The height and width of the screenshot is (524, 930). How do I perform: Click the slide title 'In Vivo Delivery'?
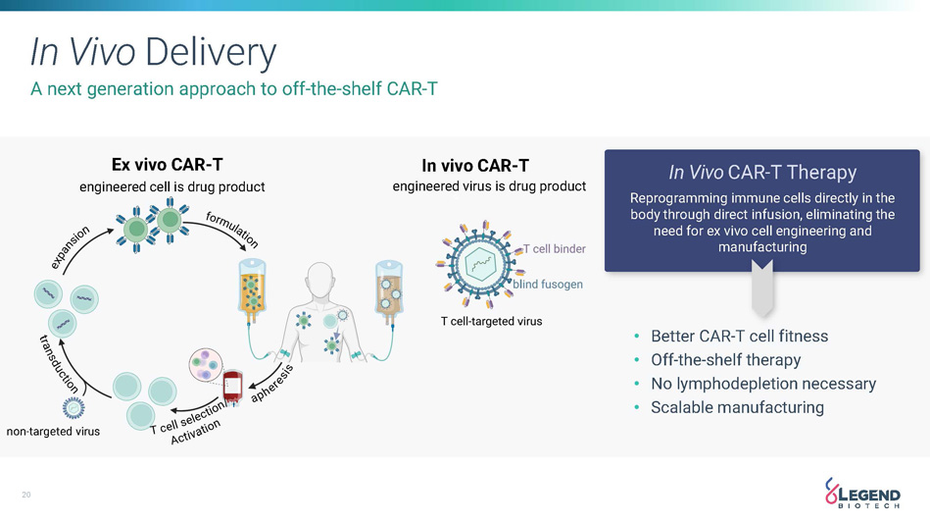(x=153, y=53)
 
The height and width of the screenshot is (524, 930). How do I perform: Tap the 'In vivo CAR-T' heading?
(x=474, y=165)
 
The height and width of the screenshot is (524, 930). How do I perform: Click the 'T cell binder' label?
(x=554, y=248)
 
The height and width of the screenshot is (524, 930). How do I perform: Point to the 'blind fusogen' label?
(x=548, y=285)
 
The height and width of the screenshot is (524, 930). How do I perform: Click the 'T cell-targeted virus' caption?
(x=491, y=321)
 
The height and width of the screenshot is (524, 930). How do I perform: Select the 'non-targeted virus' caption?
(x=52, y=430)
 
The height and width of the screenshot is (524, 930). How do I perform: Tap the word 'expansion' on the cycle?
(x=72, y=246)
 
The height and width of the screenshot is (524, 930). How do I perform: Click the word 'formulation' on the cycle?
(x=232, y=228)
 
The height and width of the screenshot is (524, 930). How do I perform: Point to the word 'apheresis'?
(x=271, y=382)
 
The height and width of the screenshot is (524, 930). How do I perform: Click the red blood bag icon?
(x=232, y=387)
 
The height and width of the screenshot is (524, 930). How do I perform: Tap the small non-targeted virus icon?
(x=73, y=406)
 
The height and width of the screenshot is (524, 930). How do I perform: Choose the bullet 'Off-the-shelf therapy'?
(x=725, y=360)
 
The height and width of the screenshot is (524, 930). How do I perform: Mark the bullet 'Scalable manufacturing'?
(x=737, y=407)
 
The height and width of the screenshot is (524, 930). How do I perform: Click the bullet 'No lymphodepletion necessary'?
(x=762, y=384)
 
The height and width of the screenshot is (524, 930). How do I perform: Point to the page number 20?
(x=26, y=495)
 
